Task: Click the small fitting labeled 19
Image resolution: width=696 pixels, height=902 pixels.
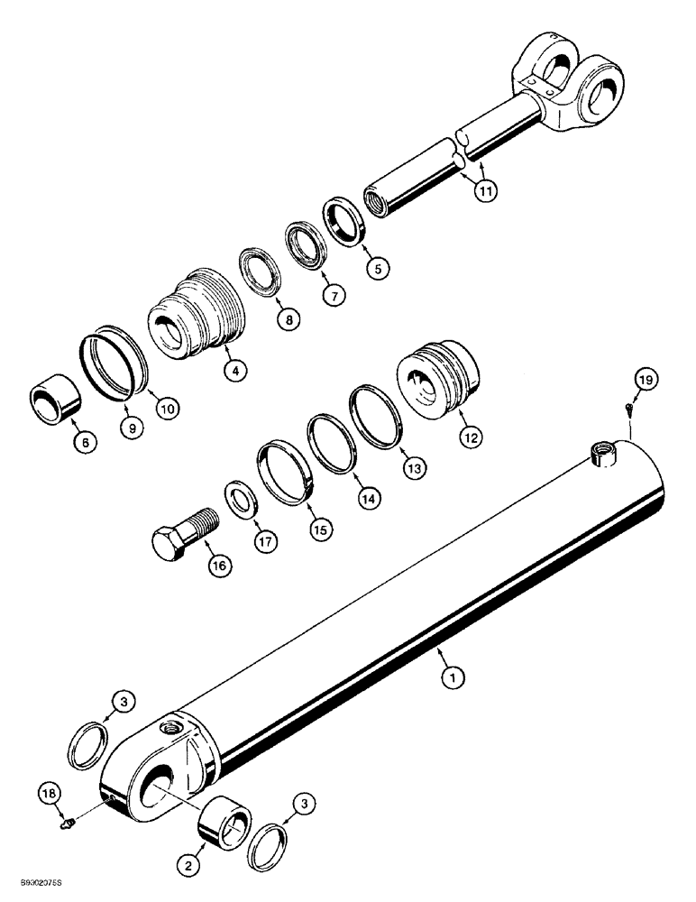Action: pos(628,409)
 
